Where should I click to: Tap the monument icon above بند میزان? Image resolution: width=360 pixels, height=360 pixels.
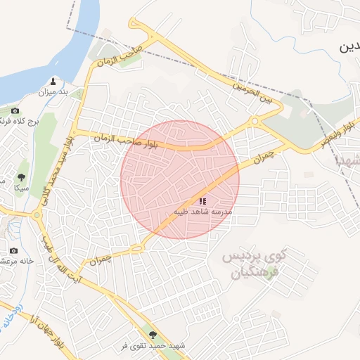point(54,81)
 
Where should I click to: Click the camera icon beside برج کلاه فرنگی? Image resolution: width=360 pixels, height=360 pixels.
point(15,111)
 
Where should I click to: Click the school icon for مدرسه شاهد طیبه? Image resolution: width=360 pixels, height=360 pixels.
point(202,201)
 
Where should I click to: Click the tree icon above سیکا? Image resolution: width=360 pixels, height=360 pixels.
point(22,177)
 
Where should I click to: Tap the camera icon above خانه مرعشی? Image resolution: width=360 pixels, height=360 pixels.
point(13,250)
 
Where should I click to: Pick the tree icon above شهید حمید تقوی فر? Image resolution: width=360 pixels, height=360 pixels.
point(153,335)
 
